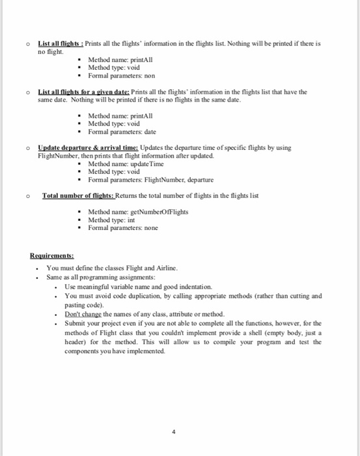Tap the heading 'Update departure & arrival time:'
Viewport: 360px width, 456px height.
pos(88,148)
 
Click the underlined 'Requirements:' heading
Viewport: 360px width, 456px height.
pos(52,255)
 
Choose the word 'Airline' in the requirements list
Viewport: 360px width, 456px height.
pos(163,268)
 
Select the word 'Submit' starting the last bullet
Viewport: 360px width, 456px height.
pos(76,324)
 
